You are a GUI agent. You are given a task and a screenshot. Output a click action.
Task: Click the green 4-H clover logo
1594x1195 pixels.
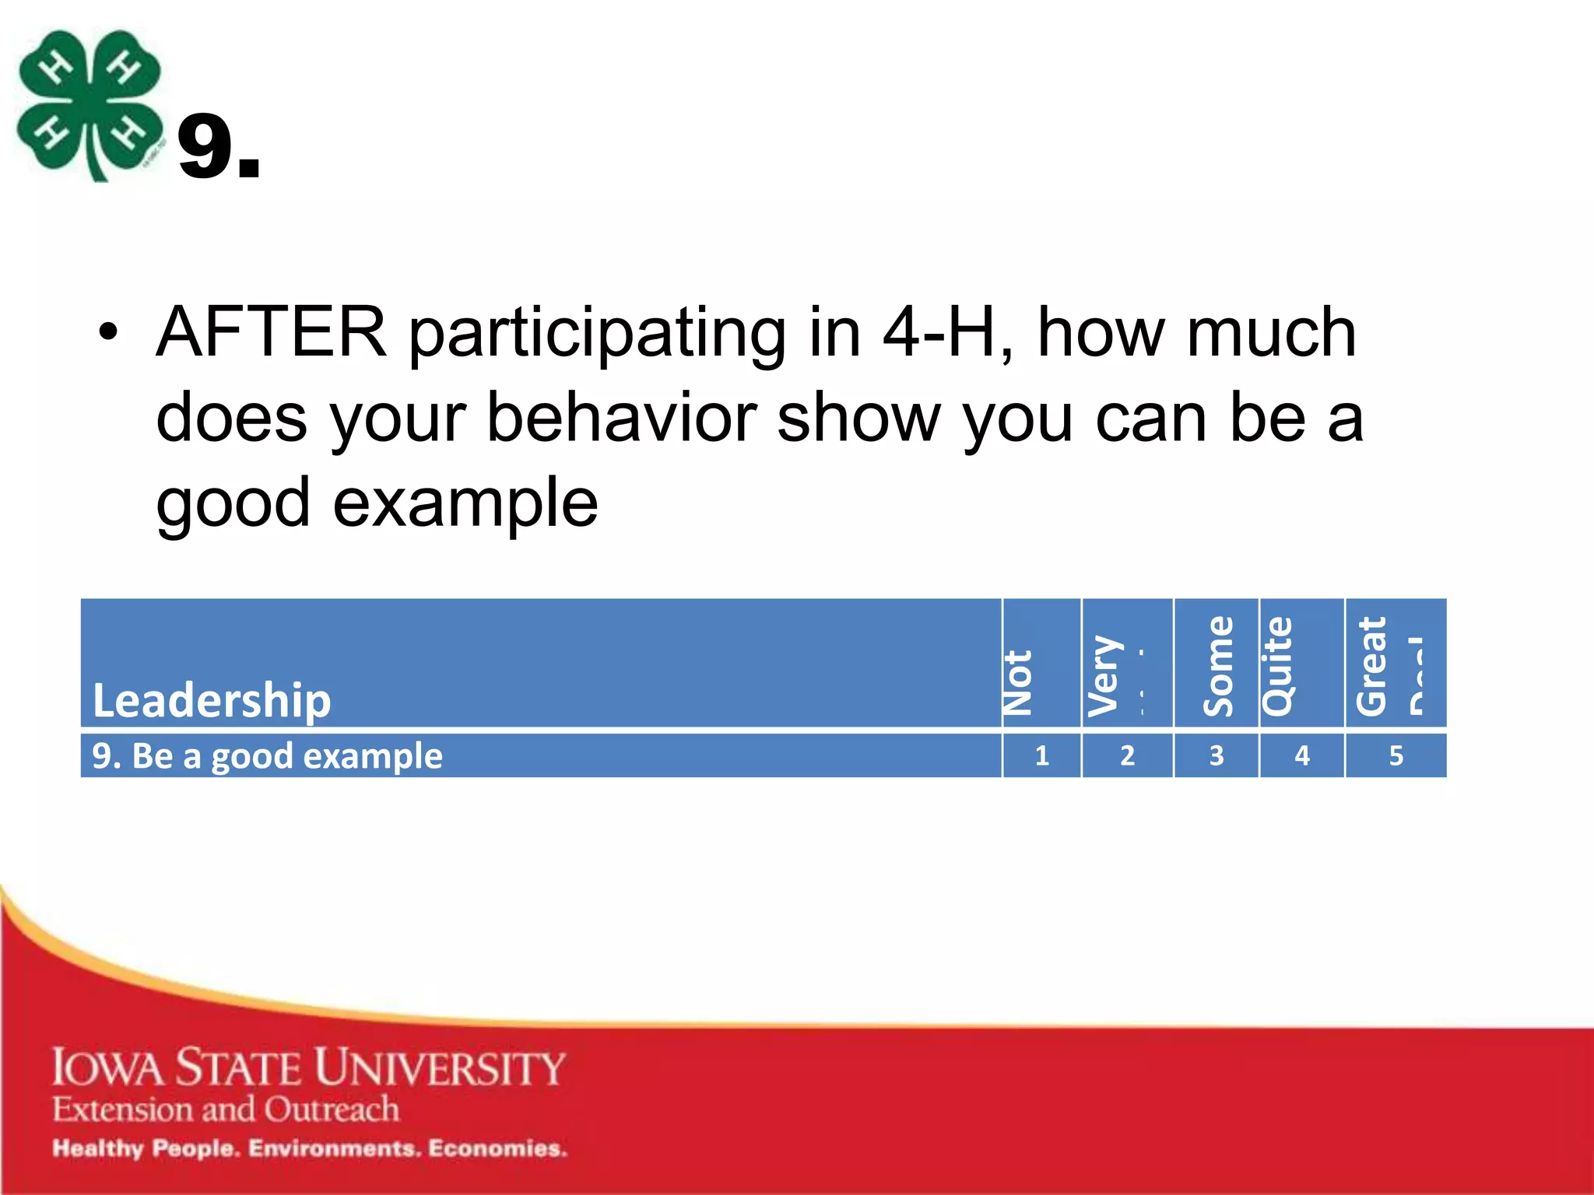click(x=90, y=105)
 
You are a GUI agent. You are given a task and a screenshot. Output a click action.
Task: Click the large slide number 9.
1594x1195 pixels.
click(x=218, y=148)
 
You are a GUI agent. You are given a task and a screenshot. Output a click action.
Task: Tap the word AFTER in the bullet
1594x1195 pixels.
click(x=272, y=332)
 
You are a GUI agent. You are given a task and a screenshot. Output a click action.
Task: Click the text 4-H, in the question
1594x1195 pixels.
click(x=948, y=332)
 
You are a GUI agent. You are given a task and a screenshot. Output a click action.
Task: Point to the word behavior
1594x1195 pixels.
click(x=621, y=418)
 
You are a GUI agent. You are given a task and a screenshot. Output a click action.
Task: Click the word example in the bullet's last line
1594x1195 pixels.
click(x=465, y=503)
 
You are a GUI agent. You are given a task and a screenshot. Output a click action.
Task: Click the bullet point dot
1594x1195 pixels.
click(x=108, y=333)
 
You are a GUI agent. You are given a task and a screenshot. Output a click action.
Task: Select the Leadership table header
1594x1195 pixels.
click(x=211, y=699)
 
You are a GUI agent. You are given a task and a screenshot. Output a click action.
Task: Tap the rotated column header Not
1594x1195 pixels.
click(x=1018, y=682)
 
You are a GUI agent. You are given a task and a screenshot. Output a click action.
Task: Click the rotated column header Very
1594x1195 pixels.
click(x=1104, y=675)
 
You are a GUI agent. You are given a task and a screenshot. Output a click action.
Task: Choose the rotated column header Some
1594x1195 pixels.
click(x=1218, y=666)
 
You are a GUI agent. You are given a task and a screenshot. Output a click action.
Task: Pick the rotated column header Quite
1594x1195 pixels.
click(x=1277, y=666)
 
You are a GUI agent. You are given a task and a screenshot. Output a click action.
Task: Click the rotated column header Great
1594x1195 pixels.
click(x=1371, y=666)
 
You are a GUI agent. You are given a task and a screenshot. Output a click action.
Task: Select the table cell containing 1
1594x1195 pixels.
click(x=1041, y=755)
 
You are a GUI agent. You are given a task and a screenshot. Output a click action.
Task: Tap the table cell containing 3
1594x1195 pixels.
click(x=1216, y=755)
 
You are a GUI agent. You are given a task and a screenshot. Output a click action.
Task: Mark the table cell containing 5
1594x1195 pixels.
click(x=1396, y=755)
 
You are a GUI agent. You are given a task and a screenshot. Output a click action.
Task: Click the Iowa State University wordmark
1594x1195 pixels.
click(x=308, y=1067)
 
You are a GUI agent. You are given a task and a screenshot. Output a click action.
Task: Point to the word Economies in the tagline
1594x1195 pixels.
click(x=497, y=1148)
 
